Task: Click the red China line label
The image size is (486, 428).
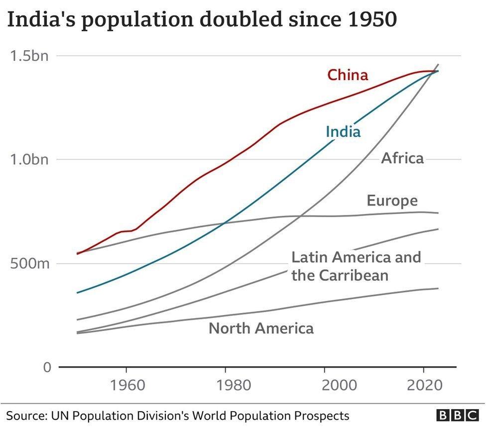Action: click(x=348, y=75)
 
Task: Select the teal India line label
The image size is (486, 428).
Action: click(x=343, y=132)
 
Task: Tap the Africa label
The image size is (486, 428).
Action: click(x=402, y=158)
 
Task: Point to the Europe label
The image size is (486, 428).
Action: click(x=392, y=201)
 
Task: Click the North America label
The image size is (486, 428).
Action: click(x=261, y=328)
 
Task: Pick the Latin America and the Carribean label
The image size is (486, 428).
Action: click(x=356, y=266)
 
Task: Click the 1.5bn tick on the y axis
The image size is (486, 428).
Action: click(x=29, y=56)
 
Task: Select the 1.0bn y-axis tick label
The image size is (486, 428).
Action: click(x=29, y=160)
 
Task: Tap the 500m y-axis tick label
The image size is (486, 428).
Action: click(x=29, y=263)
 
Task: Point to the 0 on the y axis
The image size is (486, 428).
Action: click(x=47, y=367)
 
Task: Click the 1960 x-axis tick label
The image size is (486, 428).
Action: click(x=126, y=386)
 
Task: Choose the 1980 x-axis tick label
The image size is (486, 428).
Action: click(x=226, y=386)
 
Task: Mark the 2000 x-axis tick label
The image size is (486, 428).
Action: click(x=325, y=386)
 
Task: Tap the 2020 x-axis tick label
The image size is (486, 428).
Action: click(x=424, y=386)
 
